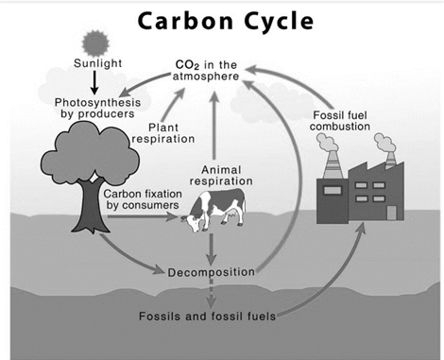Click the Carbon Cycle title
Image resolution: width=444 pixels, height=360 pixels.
coord(226,22)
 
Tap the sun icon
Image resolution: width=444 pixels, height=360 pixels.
coord(95,43)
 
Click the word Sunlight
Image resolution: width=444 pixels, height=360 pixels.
coord(97,63)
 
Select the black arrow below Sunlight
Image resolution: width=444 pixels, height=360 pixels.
coord(94,82)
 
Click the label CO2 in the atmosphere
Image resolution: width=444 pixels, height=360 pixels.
coord(206,71)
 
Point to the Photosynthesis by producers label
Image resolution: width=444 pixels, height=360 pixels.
coord(97,108)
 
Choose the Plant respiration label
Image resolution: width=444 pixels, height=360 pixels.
coord(163,133)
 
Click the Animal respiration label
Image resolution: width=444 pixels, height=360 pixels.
coord(221,176)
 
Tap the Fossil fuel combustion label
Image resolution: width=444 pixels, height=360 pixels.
coord(340,121)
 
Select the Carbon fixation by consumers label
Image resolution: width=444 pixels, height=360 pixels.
coord(143,199)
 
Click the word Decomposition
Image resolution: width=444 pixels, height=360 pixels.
coord(211,272)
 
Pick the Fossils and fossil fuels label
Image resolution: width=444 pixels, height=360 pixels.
coord(207,316)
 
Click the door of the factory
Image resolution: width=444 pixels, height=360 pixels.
coord(391,213)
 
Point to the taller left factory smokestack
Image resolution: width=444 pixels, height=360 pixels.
coord(333,164)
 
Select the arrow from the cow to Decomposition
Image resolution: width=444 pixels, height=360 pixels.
coord(212,249)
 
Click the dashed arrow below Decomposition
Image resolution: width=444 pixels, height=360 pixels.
coord(211,294)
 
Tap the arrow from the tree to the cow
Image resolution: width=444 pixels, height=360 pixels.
coord(143,216)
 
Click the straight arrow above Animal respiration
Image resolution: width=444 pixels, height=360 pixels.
coord(214,126)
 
